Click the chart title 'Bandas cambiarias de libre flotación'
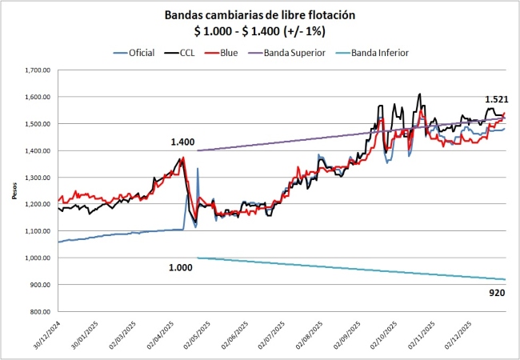[261, 15]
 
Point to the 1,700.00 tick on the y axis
[37, 70]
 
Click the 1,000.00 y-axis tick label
[37, 258]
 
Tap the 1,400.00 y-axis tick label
[37, 150]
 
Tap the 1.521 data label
[496, 99]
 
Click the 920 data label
[496, 294]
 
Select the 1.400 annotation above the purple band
[182, 142]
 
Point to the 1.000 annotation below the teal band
[181, 267]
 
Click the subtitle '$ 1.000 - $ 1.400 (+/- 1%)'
[261, 30]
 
